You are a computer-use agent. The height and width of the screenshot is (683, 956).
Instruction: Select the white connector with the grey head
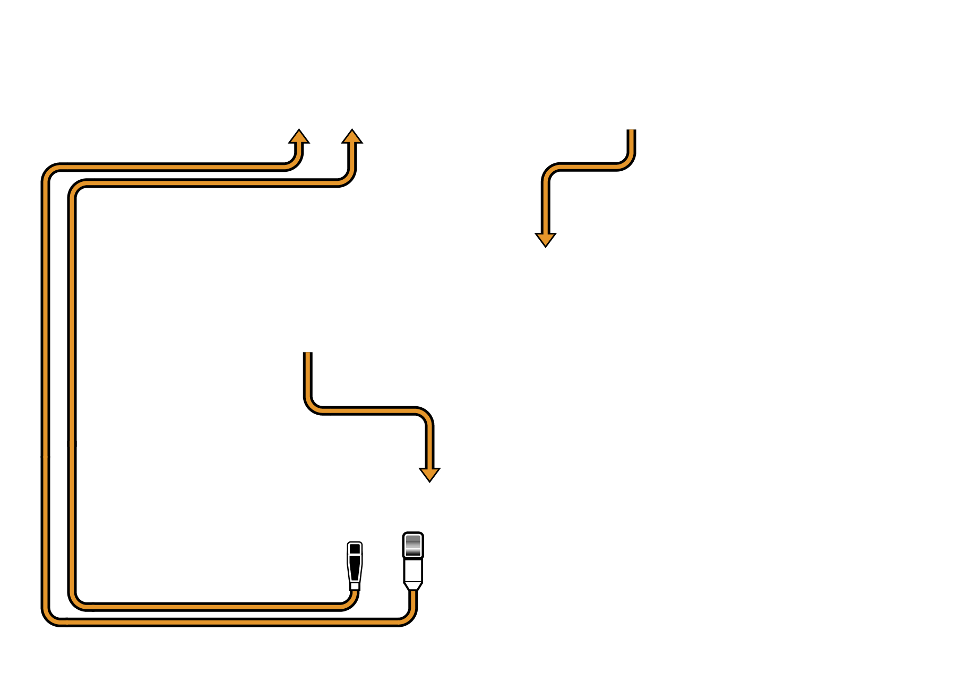point(413,561)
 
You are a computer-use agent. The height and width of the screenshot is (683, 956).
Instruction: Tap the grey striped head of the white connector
point(413,545)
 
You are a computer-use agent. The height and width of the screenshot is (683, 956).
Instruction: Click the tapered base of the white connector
point(413,585)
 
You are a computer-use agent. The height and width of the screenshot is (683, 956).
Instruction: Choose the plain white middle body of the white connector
point(413,570)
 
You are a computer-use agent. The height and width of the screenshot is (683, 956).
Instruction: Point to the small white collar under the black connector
point(355,586)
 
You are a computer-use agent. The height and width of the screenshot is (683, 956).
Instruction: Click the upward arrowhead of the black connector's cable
point(352,136)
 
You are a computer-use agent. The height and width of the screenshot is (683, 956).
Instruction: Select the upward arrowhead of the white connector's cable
point(299,136)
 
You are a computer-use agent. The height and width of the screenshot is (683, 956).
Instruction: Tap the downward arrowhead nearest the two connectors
point(429,474)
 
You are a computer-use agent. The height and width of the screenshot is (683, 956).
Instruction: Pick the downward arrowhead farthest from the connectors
point(545,239)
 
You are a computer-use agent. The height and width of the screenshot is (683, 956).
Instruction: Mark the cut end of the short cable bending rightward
point(307,354)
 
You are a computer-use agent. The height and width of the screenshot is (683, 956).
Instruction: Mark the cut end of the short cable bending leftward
point(631,131)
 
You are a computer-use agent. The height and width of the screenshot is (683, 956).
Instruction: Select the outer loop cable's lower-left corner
point(50,617)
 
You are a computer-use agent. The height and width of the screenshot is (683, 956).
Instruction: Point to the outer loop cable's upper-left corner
point(50,172)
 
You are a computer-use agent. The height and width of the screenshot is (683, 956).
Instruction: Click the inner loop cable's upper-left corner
point(77,188)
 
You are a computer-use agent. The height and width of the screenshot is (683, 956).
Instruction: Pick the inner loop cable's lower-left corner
point(77,601)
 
